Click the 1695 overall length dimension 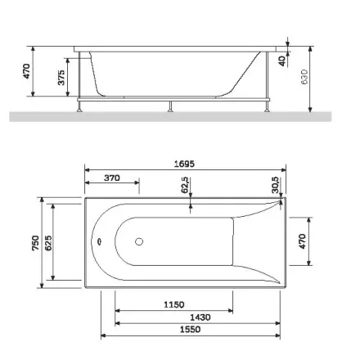coord(184,164)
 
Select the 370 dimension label coord(112,178)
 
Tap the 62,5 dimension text coord(185,185)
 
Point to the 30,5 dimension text coord(275,185)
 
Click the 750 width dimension coord(35,243)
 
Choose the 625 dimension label coord(47,243)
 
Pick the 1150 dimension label coord(174,304)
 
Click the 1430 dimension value coord(200,317)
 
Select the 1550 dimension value coord(191,329)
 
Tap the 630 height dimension coord(304,77)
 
